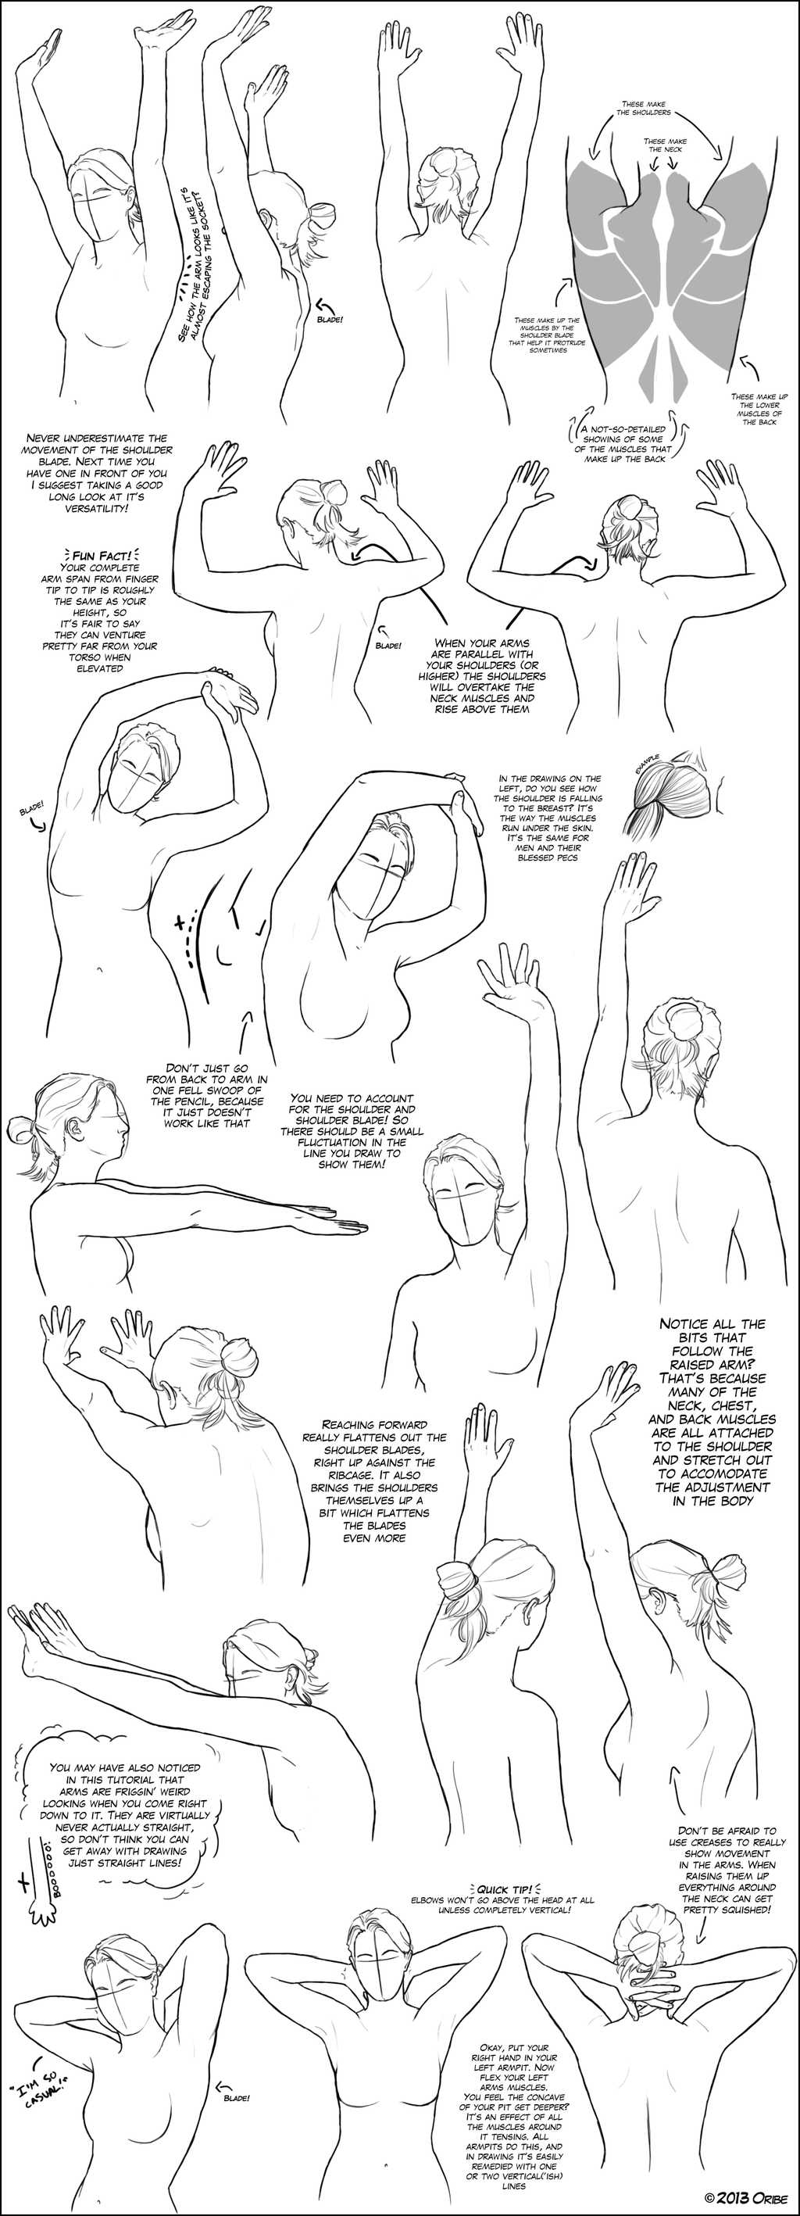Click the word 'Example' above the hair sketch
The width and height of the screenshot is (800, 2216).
[647, 763]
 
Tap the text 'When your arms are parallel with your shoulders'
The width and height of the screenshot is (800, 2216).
[484, 676]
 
